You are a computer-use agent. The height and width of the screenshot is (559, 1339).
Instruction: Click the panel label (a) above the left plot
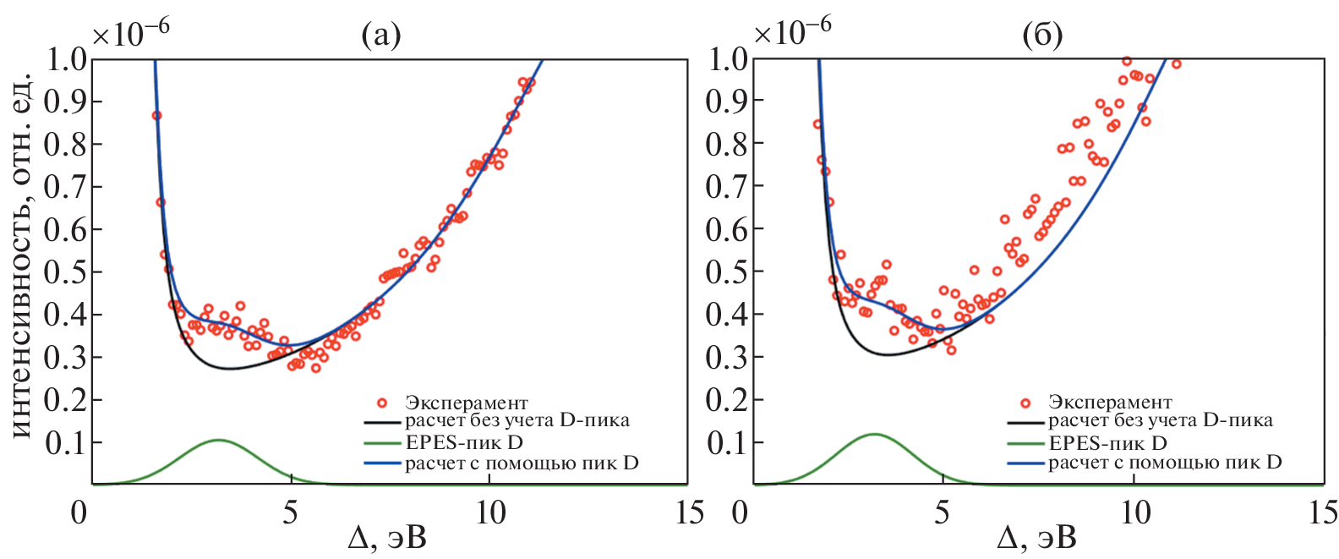coord(380,36)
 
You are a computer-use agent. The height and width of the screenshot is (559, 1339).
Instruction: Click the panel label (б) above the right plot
coord(1042,36)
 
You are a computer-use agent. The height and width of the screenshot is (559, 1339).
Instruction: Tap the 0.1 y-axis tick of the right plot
coord(726,442)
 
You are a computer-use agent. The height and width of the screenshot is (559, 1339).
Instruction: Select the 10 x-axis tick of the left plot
coord(490,512)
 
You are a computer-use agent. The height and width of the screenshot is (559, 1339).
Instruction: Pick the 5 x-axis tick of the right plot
coord(942,512)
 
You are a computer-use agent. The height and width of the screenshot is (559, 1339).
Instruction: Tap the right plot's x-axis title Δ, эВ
coord(1036,539)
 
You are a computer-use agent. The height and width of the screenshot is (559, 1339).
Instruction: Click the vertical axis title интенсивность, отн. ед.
coord(22,254)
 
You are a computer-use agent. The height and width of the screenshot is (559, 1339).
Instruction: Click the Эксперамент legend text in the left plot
coord(466,403)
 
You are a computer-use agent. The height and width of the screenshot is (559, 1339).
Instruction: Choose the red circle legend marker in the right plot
coord(1025,403)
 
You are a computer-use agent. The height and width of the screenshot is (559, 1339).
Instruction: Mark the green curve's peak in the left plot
coord(218,440)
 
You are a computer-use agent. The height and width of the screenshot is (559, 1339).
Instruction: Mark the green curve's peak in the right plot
coord(873,435)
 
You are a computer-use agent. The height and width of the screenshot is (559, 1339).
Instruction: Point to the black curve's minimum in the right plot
coord(887,354)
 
